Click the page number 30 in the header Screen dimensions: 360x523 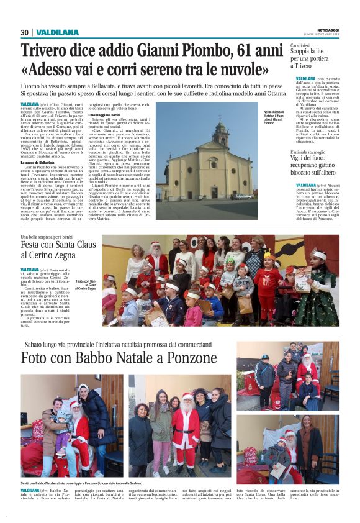click(x=25, y=32)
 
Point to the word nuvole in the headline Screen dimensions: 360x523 click(x=245, y=69)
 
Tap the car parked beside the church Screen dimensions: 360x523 click(x=243, y=196)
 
